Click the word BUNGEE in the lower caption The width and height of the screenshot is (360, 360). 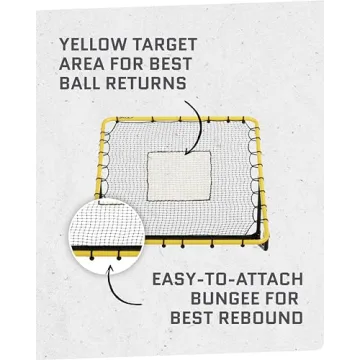(194, 303)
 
